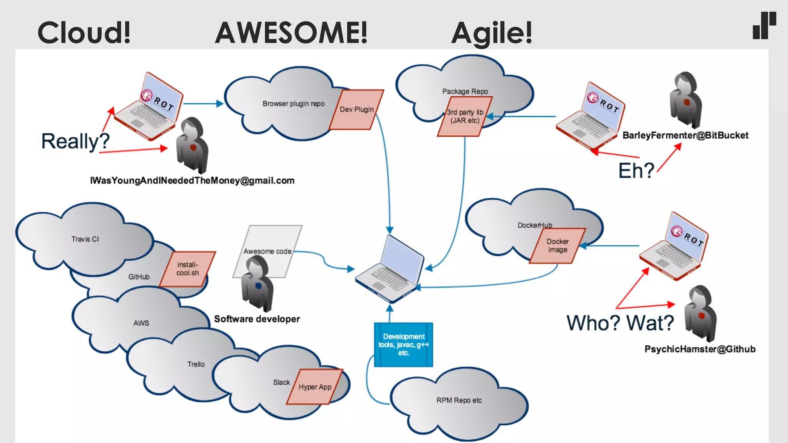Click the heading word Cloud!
point(84,33)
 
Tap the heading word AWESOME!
point(291,33)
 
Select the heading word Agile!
point(492,33)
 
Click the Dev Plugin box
point(357,110)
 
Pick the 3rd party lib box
point(465,117)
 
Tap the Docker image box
point(558,246)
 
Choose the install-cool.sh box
point(187,269)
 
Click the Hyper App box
point(315,387)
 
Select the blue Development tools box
point(404,345)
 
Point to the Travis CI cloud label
point(85,239)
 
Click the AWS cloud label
point(141,323)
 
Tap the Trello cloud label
point(196,364)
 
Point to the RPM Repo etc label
point(459,400)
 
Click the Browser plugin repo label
point(294,104)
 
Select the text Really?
point(75,141)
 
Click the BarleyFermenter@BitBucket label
point(685,135)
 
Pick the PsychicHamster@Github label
point(700,349)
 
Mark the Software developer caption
point(257,319)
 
